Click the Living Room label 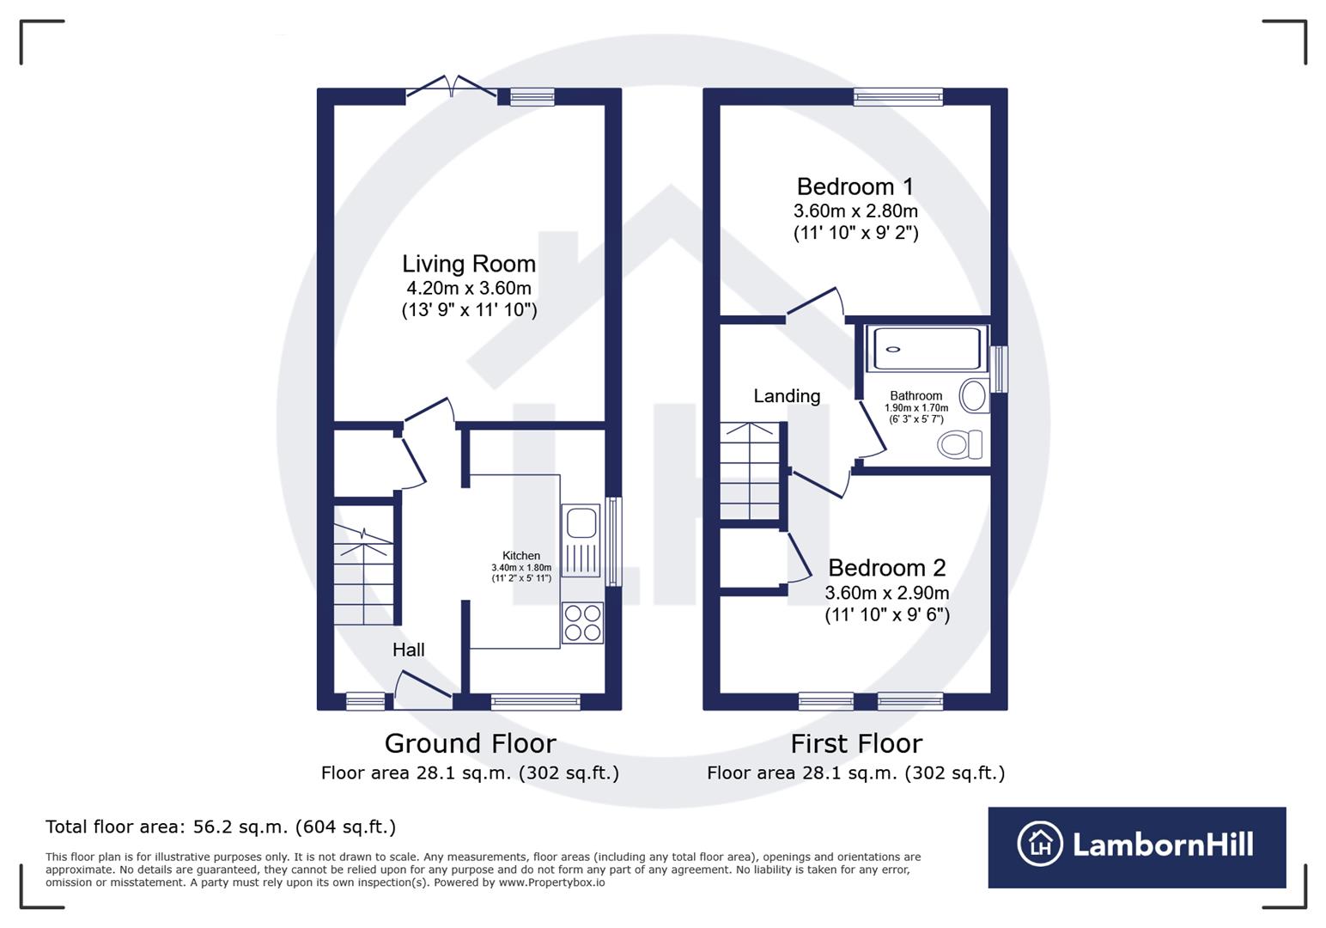tap(469, 264)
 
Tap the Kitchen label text tap(521, 556)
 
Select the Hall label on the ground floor tap(409, 650)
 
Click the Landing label tap(787, 396)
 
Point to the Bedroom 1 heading tap(855, 186)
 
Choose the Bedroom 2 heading tap(886, 568)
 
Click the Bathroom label tap(915, 396)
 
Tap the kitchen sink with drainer tap(581, 540)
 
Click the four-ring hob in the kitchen tap(581, 623)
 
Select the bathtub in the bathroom tap(927, 348)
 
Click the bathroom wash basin tap(974, 396)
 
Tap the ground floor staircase tap(364, 576)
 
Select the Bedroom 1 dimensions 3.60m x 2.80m tap(855, 211)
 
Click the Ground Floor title tap(470, 743)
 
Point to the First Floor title tap(856, 743)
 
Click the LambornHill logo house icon tap(1040, 844)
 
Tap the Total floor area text tap(221, 827)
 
